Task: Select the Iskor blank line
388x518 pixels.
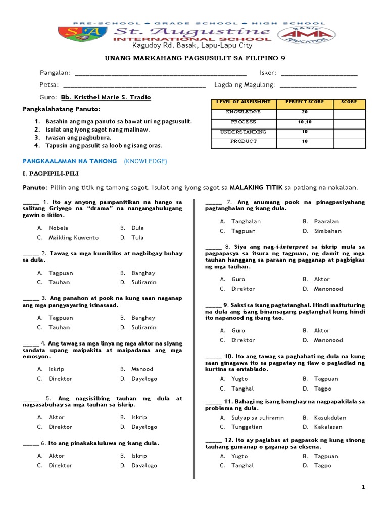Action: (319, 73)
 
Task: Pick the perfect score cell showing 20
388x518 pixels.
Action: (304, 112)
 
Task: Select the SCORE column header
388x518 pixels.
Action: (348, 102)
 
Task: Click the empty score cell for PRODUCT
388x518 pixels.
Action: (348, 141)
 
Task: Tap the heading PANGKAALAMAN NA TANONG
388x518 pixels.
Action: (69, 161)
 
